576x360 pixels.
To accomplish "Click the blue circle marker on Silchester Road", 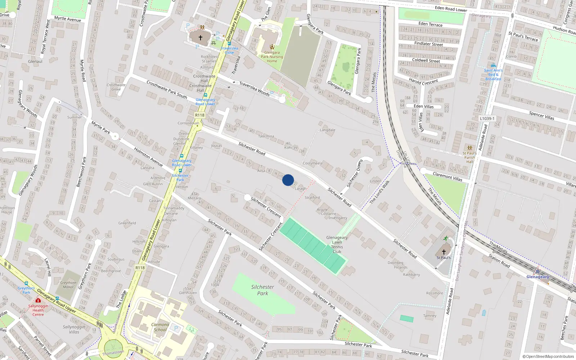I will pos(288,180).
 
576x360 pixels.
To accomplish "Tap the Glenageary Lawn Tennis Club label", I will pos(337,244).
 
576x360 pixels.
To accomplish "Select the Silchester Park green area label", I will pos(262,290).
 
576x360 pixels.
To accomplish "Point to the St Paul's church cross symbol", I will pos(444,252).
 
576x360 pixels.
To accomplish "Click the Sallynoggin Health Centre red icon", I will pos(38,300).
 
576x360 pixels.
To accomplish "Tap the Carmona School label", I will pos(160,327).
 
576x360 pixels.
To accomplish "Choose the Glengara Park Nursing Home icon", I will pos(272,47).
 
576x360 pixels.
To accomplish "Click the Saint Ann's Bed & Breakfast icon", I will pos(493,66).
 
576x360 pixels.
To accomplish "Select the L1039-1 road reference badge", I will pos(487,118).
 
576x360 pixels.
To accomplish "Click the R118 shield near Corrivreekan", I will pos(200,115).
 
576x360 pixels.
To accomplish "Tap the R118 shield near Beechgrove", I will pos(140,268).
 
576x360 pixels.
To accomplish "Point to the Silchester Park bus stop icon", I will pos(180,171).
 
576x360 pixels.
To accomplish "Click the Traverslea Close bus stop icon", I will pos(229,44).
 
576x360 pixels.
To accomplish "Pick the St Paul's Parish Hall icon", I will pos(469,148).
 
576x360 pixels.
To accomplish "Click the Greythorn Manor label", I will pos(68,285).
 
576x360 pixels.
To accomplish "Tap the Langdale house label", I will pos(328,130).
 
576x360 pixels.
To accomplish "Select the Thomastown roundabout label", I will pos(113,352).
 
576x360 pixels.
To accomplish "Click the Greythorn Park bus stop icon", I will pos(26,283).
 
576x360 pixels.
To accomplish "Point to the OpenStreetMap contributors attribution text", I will pos(548,357).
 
